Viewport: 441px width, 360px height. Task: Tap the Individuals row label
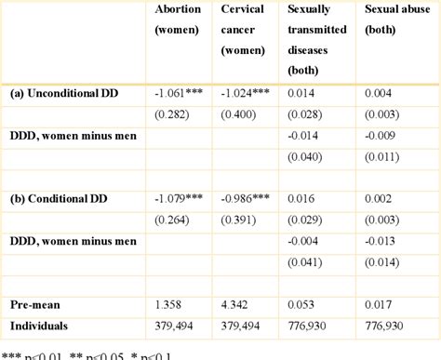[x=39, y=325]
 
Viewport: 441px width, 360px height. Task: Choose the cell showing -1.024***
[x=246, y=93]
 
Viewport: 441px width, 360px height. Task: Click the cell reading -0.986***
[x=247, y=198]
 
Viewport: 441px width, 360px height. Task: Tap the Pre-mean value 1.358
[x=167, y=304]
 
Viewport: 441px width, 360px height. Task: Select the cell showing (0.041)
[x=305, y=262]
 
